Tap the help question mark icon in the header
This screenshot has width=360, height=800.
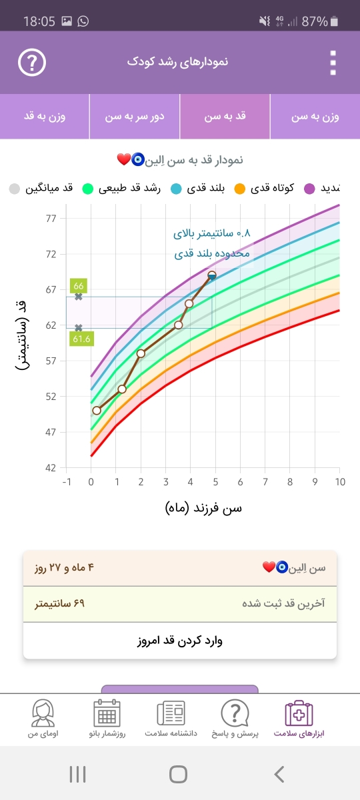click(32, 63)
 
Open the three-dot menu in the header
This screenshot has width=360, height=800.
click(333, 63)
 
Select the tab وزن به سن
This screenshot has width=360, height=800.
click(315, 117)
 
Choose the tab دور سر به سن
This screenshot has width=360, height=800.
click(135, 117)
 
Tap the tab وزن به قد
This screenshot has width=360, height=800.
click(45, 117)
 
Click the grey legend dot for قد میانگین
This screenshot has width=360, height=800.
click(14, 189)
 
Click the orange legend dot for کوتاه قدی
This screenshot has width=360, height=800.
click(239, 189)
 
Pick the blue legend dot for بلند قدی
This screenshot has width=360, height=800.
click(176, 189)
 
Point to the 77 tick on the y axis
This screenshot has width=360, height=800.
click(51, 219)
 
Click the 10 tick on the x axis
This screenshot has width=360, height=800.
click(340, 482)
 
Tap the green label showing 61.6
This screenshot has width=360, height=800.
click(81, 339)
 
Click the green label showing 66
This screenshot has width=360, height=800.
click(79, 286)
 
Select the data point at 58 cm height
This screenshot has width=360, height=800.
click(141, 353)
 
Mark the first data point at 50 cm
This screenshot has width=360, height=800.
click(97, 411)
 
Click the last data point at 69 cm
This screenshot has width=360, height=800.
click(212, 275)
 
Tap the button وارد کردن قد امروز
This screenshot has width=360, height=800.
click(179, 641)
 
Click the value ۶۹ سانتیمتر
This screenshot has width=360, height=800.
click(59, 603)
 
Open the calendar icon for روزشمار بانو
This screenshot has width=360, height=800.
click(107, 713)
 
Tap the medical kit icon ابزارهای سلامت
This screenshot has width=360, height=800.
click(299, 713)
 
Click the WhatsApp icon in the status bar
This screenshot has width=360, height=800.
click(83, 21)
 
